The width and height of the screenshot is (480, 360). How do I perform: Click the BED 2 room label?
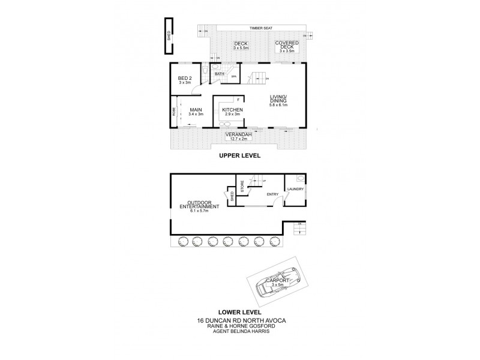[x=185, y=79]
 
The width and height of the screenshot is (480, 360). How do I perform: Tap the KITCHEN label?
[x=232, y=110]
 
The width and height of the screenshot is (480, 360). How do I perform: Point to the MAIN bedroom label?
[x=196, y=110]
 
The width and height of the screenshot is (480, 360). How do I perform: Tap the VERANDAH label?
[x=238, y=135]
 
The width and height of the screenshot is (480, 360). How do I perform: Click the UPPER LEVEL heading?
[x=239, y=155]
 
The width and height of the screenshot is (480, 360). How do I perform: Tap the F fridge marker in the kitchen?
[x=238, y=99]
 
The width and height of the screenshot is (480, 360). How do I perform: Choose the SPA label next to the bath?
[x=234, y=77]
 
